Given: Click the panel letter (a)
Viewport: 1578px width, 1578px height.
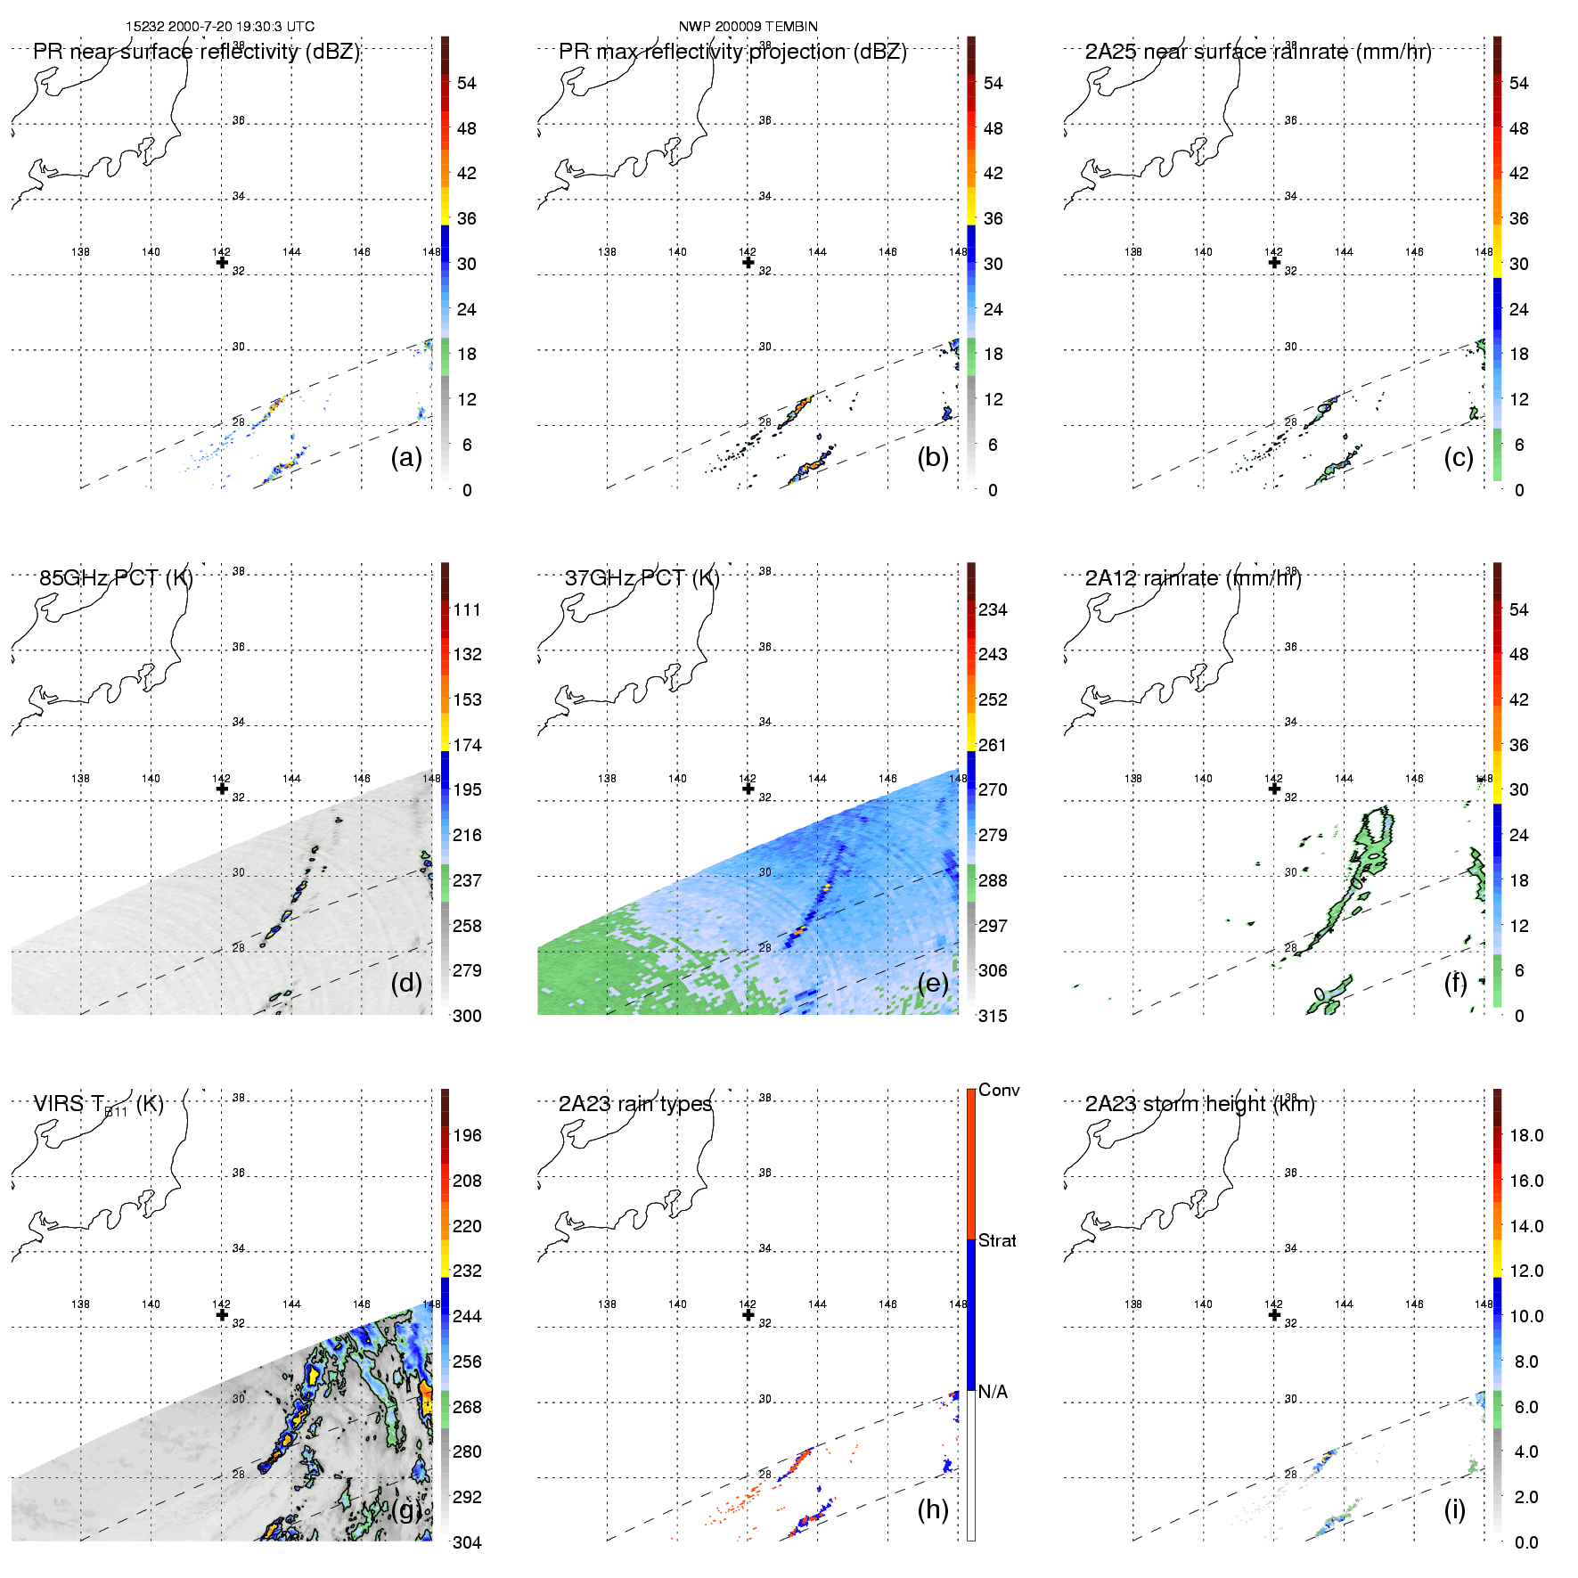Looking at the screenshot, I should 406,457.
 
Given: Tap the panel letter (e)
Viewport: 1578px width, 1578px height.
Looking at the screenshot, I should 933,983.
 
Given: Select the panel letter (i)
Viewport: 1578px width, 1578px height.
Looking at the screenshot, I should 1454,1509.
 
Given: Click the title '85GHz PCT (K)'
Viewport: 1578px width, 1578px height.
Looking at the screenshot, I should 116,577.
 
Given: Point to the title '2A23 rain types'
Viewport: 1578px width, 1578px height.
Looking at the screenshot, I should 635,1104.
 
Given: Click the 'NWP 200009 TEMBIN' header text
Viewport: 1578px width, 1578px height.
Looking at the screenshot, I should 748,27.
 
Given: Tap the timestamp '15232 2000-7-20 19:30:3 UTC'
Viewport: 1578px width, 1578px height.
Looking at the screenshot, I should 220,27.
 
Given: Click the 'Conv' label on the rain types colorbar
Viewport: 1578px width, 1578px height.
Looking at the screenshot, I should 999,1090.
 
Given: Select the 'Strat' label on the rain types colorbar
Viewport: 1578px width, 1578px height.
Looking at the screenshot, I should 997,1240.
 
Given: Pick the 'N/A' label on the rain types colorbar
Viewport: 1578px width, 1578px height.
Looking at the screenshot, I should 993,1392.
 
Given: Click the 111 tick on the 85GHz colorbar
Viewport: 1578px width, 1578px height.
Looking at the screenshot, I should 467,609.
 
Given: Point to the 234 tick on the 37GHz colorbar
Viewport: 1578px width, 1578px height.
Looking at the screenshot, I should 993,609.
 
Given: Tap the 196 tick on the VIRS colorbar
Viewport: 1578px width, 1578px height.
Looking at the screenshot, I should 467,1135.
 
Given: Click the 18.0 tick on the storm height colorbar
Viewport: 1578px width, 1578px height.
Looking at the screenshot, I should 1526,1135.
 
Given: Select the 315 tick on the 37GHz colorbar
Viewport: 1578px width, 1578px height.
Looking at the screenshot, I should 993,1016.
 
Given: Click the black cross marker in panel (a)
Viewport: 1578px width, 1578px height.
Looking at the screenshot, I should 222,262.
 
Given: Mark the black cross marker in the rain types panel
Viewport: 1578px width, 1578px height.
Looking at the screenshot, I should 748,1314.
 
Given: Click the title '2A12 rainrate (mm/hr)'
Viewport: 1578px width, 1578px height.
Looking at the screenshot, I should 1193,577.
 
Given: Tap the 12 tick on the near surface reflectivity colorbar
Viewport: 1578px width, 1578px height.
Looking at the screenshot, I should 467,399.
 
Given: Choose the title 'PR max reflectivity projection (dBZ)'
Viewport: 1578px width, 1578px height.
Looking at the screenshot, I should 732,52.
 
